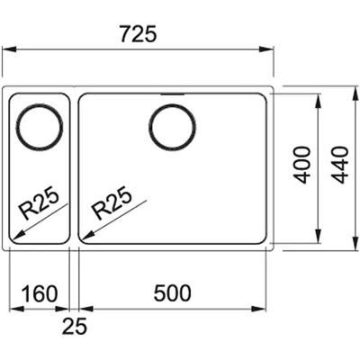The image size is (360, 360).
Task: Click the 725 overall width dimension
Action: point(138,33)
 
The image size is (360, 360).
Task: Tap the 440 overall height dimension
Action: point(341,165)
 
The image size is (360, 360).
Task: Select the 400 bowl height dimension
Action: point(301,165)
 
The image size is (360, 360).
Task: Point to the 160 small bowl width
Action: point(40,293)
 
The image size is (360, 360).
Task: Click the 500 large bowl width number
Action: point(172,293)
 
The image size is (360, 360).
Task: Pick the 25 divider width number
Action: point(75,326)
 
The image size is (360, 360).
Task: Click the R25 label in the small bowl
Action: point(39,203)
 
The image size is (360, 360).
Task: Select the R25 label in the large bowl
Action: point(112,203)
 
